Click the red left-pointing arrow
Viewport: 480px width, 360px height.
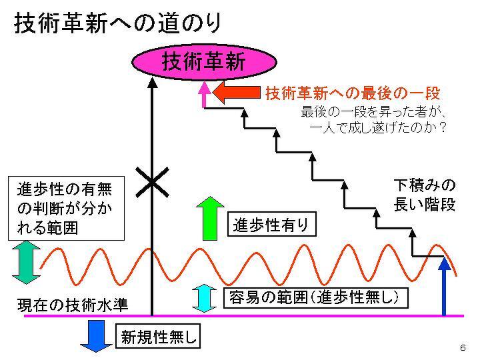[x=239, y=93]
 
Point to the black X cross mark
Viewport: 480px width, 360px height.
[x=151, y=181]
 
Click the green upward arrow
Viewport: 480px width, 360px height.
[x=211, y=217]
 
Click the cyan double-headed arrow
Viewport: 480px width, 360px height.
[x=205, y=298]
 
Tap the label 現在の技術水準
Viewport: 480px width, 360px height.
[x=72, y=305]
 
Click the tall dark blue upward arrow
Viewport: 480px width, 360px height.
[x=445, y=287]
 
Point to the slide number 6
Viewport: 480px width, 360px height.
[x=462, y=348]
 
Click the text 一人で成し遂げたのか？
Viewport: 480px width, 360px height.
[x=378, y=125]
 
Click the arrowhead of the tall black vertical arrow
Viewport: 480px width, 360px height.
[x=153, y=83]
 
